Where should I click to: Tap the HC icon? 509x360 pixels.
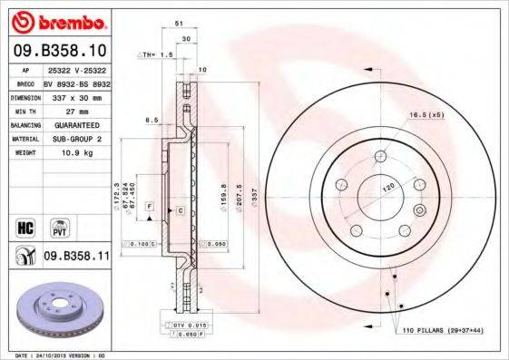pos(24,224)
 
